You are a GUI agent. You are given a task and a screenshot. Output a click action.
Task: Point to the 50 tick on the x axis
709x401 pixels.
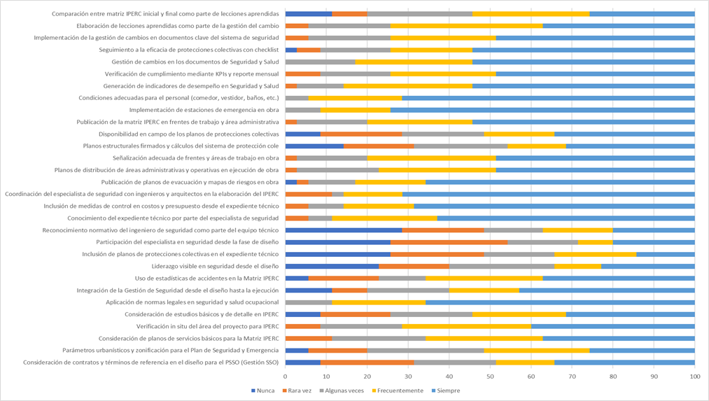coord(490,376)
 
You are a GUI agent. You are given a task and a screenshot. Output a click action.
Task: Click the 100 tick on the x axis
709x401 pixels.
coord(694,376)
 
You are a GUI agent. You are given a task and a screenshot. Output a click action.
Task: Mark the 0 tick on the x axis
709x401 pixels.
coord(286,376)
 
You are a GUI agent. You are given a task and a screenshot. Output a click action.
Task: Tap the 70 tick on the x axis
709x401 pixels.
coord(572,376)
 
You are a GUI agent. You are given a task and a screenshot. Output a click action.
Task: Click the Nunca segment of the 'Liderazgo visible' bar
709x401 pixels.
coord(332,266)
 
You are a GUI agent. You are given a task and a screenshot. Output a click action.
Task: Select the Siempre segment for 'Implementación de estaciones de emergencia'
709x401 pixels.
coord(542,110)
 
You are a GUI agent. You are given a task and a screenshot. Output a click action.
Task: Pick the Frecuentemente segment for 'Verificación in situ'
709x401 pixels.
coord(467,326)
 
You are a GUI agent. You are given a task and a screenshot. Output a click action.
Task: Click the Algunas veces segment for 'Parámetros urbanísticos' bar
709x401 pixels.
coord(425,350)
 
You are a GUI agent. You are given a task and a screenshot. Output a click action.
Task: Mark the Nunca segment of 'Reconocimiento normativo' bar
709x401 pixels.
coord(344,230)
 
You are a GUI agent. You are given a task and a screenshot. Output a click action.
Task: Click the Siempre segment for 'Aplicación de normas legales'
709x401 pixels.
coord(560,302)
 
